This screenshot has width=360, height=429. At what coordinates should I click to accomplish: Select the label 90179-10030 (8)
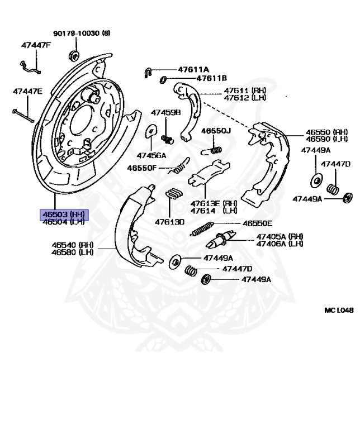pyautogui.click(x=82, y=33)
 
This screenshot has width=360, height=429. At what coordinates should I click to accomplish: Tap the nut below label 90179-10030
pyautogui.click(x=73, y=55)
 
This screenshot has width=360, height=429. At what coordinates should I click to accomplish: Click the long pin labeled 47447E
pyautogui.click(x=23, y=114)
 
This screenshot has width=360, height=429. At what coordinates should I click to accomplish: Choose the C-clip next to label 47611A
pyautogui.click(x=148, y=71)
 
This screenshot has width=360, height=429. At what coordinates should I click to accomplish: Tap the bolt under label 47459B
pyautogui.click(x=165, y=137)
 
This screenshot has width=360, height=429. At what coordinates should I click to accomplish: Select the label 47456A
pyautogui.click(x=151, y=155)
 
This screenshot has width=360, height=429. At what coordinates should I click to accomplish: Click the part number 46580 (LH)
pyautogui.click(x=72, y=252)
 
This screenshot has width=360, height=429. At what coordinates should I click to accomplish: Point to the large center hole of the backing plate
pyautogui.click(x=81, y=119)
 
